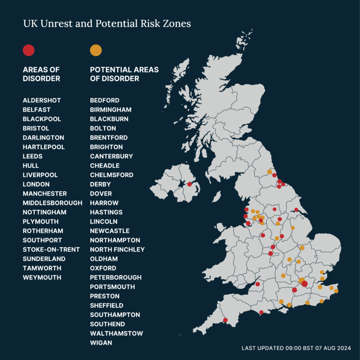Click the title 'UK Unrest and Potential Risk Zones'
click(x=107, y=23)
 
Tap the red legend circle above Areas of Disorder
click(x=29, y=50)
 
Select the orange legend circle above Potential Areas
click(x=96, y=50)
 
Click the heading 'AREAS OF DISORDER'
click(x=41, y=74)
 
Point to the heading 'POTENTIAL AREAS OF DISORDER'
click(x=124, y=74)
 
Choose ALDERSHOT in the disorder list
click(x=42, y=100)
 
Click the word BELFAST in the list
click(x=37, y=110)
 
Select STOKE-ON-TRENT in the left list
click(x=51, y=249)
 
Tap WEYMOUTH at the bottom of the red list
click(x=42, y=277)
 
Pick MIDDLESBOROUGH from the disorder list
click(x=52, y=203)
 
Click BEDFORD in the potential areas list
click(x=105, y=100)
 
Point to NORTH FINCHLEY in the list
click(x=117, y=249)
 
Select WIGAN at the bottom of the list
click(x=101, y=343)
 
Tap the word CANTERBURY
click(x=112, y=156)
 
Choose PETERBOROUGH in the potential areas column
click(x=116, y=277)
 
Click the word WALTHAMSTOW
click(x=116, y=333)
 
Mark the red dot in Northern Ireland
click(x=189, y=184)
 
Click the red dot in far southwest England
click(x=225, y=320)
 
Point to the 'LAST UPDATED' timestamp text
click(x=296, y=348)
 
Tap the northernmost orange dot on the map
click(x=269, y=172)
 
